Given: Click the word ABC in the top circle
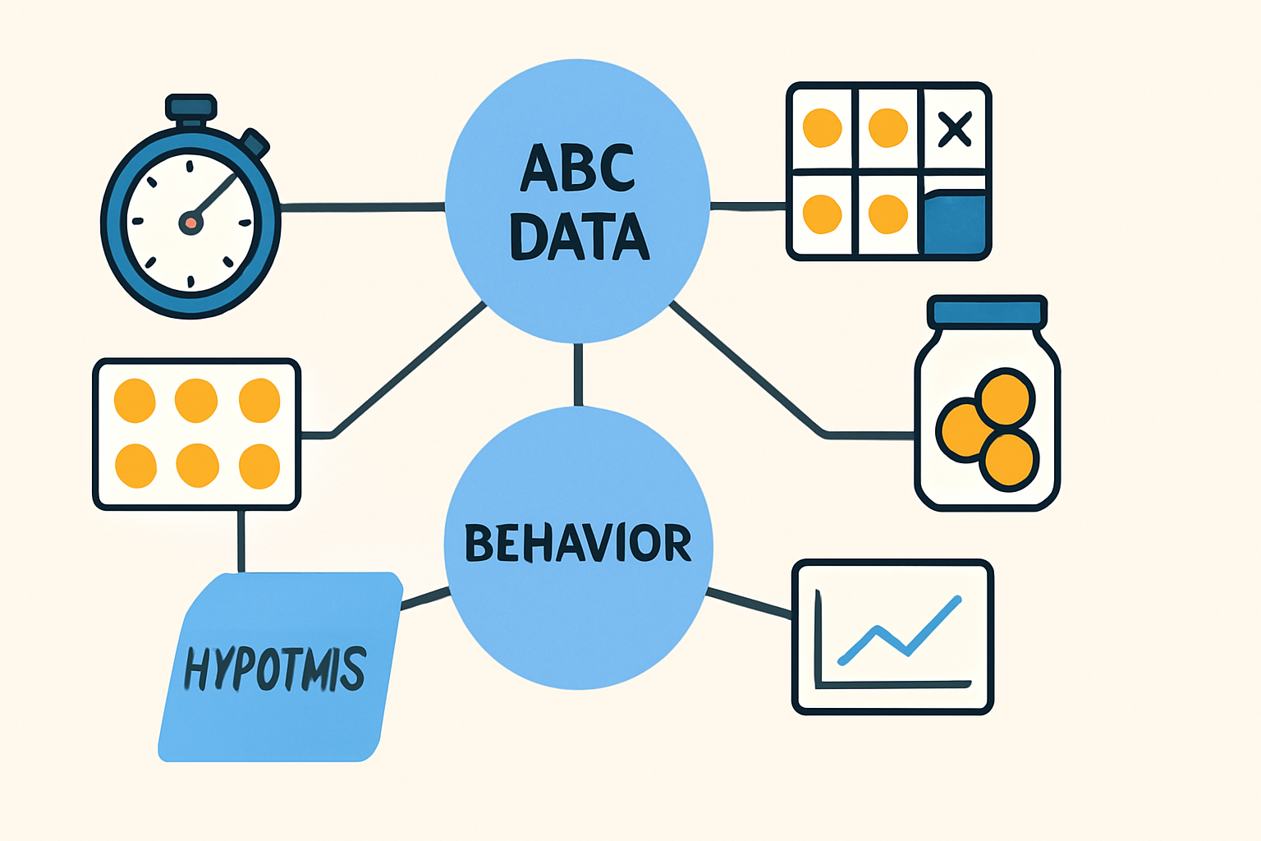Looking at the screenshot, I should [x=578, y=168].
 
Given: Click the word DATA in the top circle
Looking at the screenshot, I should [x=580, y=236].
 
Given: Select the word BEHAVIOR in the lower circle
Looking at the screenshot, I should [x=578, y=543].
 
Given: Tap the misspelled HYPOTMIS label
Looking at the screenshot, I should [x=275, y=669].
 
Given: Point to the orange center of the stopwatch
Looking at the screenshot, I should [x=190, y=222].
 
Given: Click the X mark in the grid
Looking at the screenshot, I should [x=954, y=129].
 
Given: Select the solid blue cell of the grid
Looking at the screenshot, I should [x=954, y=223].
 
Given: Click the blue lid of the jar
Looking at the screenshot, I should [x=987, y=311].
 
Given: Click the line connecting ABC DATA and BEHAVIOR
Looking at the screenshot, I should [x=578, y=374].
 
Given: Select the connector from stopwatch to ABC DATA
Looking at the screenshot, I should [x=361, y=206].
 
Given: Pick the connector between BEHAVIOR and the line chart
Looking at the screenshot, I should [x=749, y=602].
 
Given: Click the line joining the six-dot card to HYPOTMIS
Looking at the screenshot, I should [x=241, y=540].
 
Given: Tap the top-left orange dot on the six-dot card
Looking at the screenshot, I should [x=135, y=400].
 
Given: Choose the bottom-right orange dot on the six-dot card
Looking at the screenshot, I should [x=259, y=466].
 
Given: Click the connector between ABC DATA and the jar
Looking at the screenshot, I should [x=747, y=369].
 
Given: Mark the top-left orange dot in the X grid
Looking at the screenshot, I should [x=822, y=128].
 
